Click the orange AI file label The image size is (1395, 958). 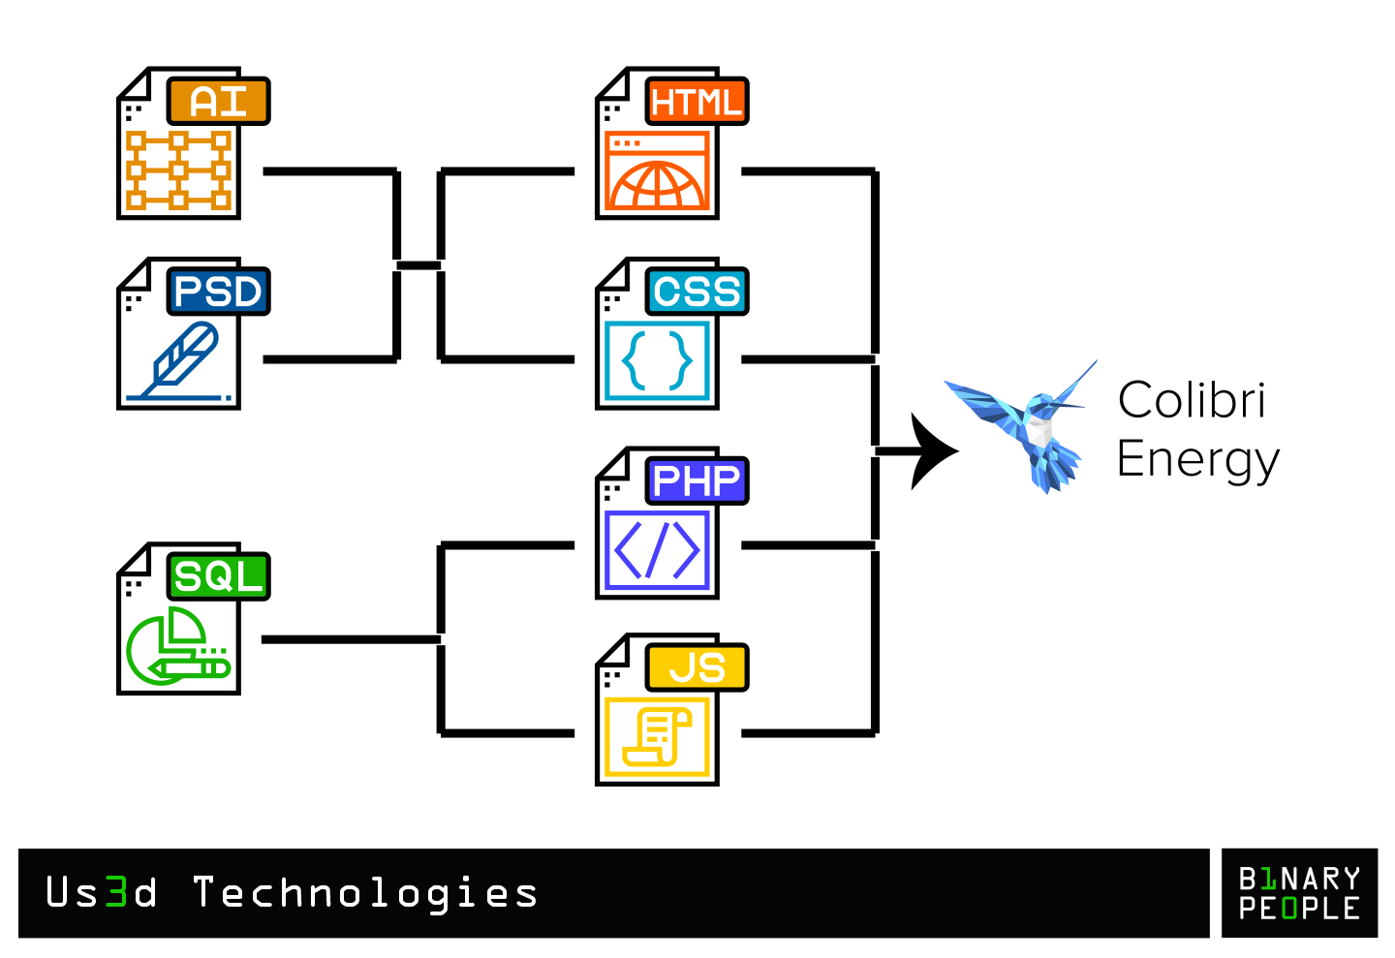[218, 102]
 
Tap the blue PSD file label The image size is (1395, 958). [218, 292]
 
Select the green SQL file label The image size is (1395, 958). [218, 577]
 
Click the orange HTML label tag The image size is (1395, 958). [697, 102]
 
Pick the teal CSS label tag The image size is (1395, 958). [697, 292]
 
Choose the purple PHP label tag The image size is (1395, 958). [697, 481]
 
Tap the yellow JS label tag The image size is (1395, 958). [697, 668]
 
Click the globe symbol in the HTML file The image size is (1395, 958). [658, 184]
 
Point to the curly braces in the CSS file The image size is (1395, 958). [658, 360]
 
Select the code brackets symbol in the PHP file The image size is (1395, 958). [658, 550]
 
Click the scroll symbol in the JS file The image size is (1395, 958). [658, 736]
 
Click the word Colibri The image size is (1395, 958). [1192, 400]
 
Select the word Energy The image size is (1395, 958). [1197, 459]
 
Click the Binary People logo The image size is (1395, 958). [1299, 893]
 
